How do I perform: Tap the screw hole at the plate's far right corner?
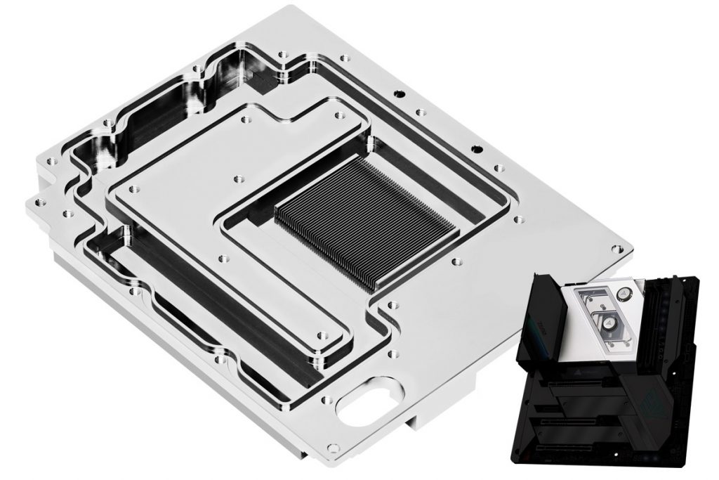pos(616,249)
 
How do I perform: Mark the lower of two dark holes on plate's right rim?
pos(478,148)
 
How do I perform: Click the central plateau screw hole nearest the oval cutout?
pos(322,336)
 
